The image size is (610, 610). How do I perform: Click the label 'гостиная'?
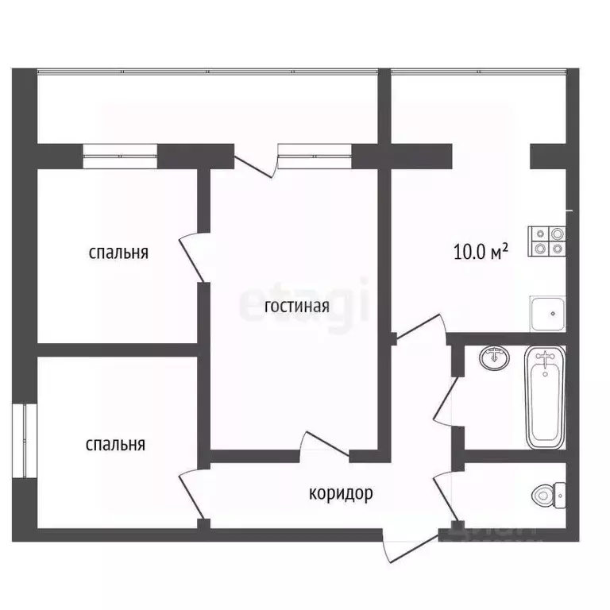pyautogui.click(x=295, y=307)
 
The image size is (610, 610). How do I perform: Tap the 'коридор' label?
pyautogui.click(x=341, y=493)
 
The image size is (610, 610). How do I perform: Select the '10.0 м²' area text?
pyautogui.click(x=481, y=253)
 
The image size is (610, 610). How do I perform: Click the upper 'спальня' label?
pyautogui.click(x=118, y=253)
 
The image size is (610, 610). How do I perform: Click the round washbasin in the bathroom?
pyautogui.click(x=495, y=359)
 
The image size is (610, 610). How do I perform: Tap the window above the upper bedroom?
pyautogui.click(x=120, y=155)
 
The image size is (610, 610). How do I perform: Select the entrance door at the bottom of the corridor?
pyautogui.click(x=410, y=541)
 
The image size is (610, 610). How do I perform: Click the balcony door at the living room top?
pyautogui.click(x=256, y=163)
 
